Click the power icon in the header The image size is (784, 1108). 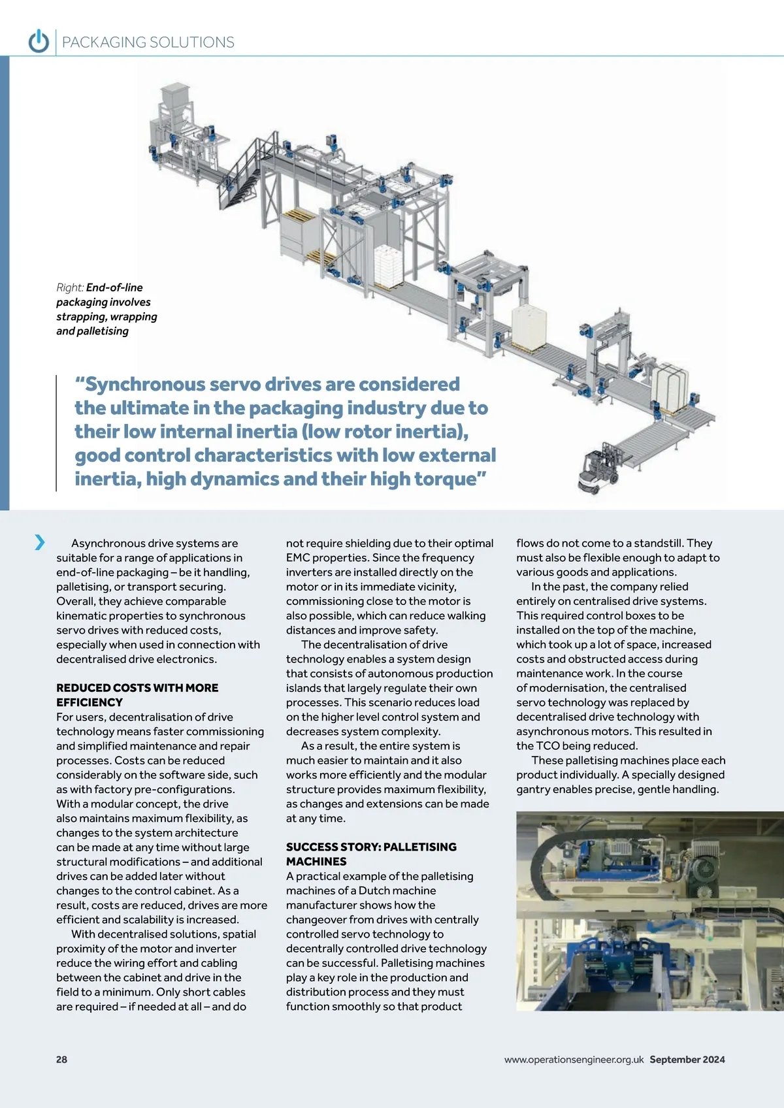(x=39, y=42)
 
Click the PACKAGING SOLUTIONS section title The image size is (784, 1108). (x=148, y=42)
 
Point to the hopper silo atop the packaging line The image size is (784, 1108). (x=174, y=97)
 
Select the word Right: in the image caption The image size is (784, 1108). (x=70, y=287)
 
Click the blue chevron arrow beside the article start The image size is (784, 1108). (x=40, y=542)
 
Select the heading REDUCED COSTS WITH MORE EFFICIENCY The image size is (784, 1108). (x=137, y=695)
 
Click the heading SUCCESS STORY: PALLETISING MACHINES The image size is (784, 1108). (x=371, y=854)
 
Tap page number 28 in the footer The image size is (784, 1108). (x=61, y=1060)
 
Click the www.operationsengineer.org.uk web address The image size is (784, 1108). (x=574, y=1060)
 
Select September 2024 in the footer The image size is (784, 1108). (x=687, y=1060)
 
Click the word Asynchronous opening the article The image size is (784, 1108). (x=107, y=544)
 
